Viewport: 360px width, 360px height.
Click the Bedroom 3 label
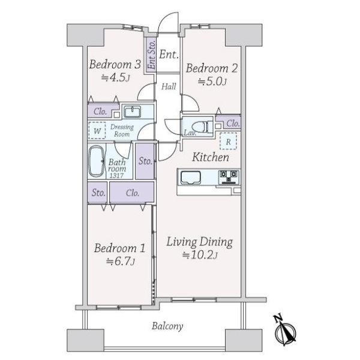(x=115, y=64)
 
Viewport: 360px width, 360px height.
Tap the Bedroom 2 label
(x=212, y=68)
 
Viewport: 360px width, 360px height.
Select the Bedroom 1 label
(x=119, y=248)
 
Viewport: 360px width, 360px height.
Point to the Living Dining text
(x=200, y=242)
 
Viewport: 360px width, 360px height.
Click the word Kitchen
(x=211, y=157)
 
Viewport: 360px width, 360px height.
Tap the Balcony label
(x=167, y=326)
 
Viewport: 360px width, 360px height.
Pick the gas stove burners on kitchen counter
(x=229, y=177)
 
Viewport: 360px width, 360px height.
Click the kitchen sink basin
(x=191, y=178)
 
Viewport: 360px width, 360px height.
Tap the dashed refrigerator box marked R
(x=228, y=141)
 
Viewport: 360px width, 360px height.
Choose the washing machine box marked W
(x=97, y=131)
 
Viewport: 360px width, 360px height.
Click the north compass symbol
(x=284, y=331)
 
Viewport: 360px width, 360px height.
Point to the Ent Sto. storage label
(x=152, y=55)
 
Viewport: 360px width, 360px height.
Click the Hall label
(x=169, y=86)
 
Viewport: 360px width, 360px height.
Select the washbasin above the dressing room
(x=133, y=112)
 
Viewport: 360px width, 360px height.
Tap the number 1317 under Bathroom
(x=116, y=176)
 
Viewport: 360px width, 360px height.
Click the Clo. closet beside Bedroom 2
(x=228, y=122)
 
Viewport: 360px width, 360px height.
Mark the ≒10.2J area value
(x=200, y=255)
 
